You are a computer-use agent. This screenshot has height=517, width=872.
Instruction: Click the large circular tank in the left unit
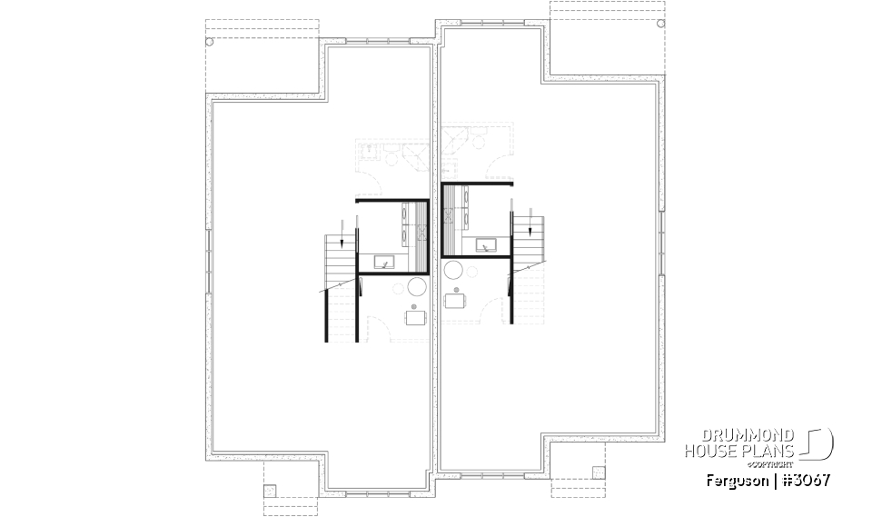[x=418, y=287]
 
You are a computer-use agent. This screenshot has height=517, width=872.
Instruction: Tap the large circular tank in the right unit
[x=453, y=270]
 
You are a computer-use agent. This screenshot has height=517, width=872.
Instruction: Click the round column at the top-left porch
[x=210, y=42]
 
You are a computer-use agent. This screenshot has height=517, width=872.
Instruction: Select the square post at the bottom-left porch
[x=269, y=490]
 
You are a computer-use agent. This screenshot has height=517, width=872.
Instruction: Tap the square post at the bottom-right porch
[x=598, y=472]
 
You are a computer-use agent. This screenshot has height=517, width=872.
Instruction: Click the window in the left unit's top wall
[x=380, y=40]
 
